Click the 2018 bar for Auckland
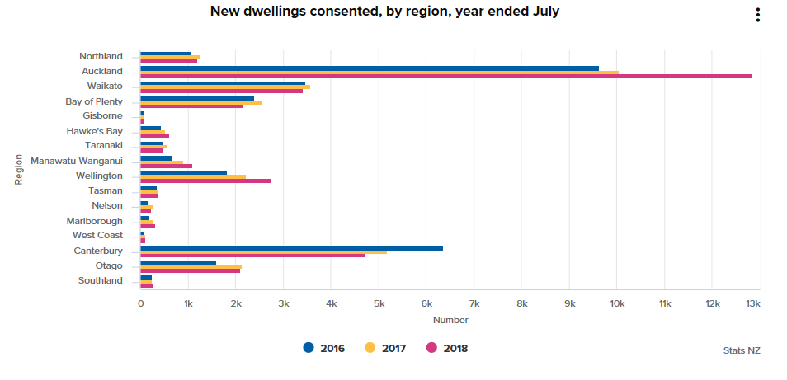445,76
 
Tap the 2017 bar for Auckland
379,72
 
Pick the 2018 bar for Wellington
205,181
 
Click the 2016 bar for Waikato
223,82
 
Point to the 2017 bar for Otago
191,266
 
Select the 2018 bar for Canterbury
252,256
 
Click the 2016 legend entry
324,348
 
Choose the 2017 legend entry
385,348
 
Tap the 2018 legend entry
447,348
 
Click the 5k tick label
379,304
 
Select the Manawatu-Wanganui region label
77,161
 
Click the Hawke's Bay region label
95,131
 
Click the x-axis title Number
450,320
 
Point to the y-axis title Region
18,169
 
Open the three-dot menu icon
757,15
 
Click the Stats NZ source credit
742,350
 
